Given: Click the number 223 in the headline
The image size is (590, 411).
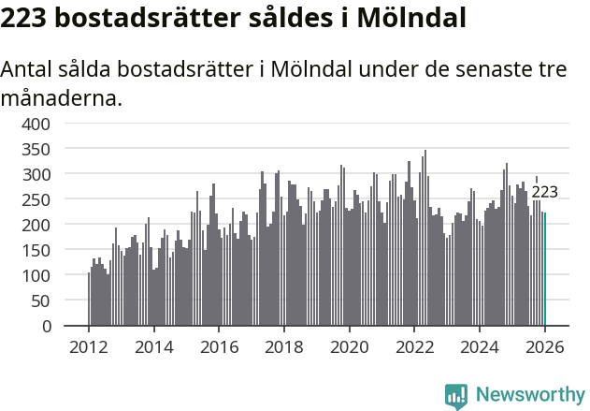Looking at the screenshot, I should click(25, 18).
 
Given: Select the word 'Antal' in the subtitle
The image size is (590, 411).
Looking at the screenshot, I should click(27, 70).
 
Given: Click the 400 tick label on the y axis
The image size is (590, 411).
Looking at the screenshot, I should click(37, 124).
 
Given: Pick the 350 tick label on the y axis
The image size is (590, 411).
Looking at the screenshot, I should click(37, 149).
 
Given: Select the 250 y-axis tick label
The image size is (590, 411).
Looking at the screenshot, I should click(37, 199).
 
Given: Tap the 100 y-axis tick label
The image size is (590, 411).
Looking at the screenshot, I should click(37, 276).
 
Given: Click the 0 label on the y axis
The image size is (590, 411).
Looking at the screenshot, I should click(48, 327).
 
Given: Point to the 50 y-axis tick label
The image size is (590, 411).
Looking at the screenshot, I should click(42, 301).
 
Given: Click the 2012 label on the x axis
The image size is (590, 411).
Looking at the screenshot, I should click(89, 346).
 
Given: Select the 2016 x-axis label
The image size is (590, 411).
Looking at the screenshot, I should click(219, 346).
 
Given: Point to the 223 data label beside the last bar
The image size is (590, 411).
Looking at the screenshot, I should click(544, 193).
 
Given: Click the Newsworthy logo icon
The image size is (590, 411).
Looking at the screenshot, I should click(456, 396).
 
